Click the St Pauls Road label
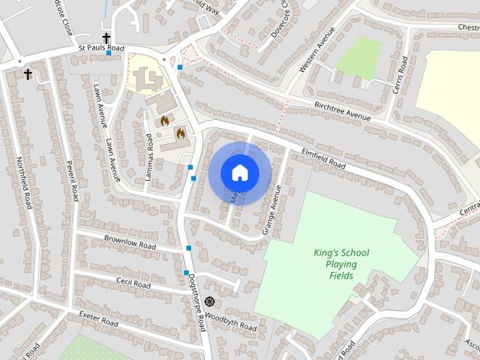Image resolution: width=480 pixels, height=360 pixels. pyautogui.click(x=101, y=48)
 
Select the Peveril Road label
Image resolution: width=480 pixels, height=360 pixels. pyautogui.click(x=72, y=180)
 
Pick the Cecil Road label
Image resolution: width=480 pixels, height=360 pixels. pyautogui.click(x=133, y=283)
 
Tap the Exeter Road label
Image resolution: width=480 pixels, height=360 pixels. pyautogui.click(x=99, y=317)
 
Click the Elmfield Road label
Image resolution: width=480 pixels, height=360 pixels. pyautogui.click(x=323, y=157)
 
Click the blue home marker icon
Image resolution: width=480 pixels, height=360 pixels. pyautogui.click(x=239, y=172)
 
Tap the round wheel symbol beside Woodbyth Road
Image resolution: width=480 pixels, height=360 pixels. pyautogui.click(x=208, y=301)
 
